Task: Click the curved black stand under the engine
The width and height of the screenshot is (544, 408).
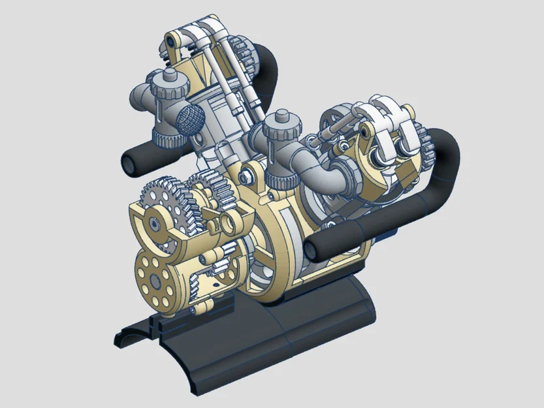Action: [274, 339]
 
